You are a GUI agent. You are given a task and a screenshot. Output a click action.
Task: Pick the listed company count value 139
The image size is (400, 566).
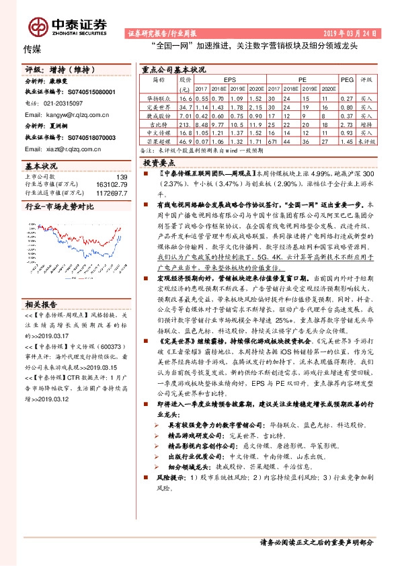pos(122,177)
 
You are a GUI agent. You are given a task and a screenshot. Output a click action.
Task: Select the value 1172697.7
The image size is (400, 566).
pos(111,192)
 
